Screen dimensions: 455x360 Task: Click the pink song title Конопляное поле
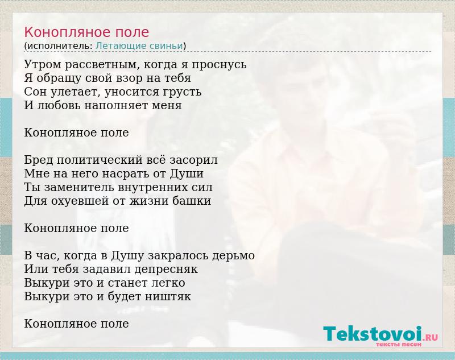(86, 32)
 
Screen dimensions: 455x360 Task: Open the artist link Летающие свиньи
(139, 46)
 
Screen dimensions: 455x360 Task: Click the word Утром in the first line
(43, 64)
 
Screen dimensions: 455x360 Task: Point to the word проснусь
(219, 65)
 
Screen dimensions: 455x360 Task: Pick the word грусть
(181, 92)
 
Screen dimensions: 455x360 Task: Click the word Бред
(38, 160)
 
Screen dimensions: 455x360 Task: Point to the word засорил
(193, 160)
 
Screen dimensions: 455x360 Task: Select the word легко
(168, 283)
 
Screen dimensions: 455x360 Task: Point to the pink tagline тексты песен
(398, 345)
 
